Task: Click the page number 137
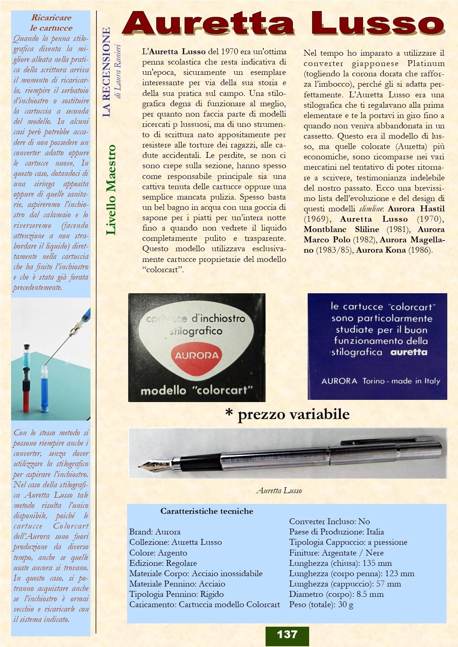[x=287, y=634]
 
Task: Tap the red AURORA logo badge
[x=196, y=356]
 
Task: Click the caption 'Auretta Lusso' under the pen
[x=279, y=491]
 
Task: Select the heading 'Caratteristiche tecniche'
[x=206, y=511]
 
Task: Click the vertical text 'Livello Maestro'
[x=111, y=190]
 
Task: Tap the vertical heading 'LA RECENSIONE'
[x=106, y=72]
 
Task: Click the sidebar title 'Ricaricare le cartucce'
[x=51, y=23]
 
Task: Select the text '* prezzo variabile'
[x=287, y=414]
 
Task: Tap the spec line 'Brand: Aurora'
[x=155, y=532]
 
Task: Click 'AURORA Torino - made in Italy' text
[x=380, y=381]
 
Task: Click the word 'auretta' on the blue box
[x=409, y=352]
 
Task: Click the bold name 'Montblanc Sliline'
[x=341, y=229]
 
